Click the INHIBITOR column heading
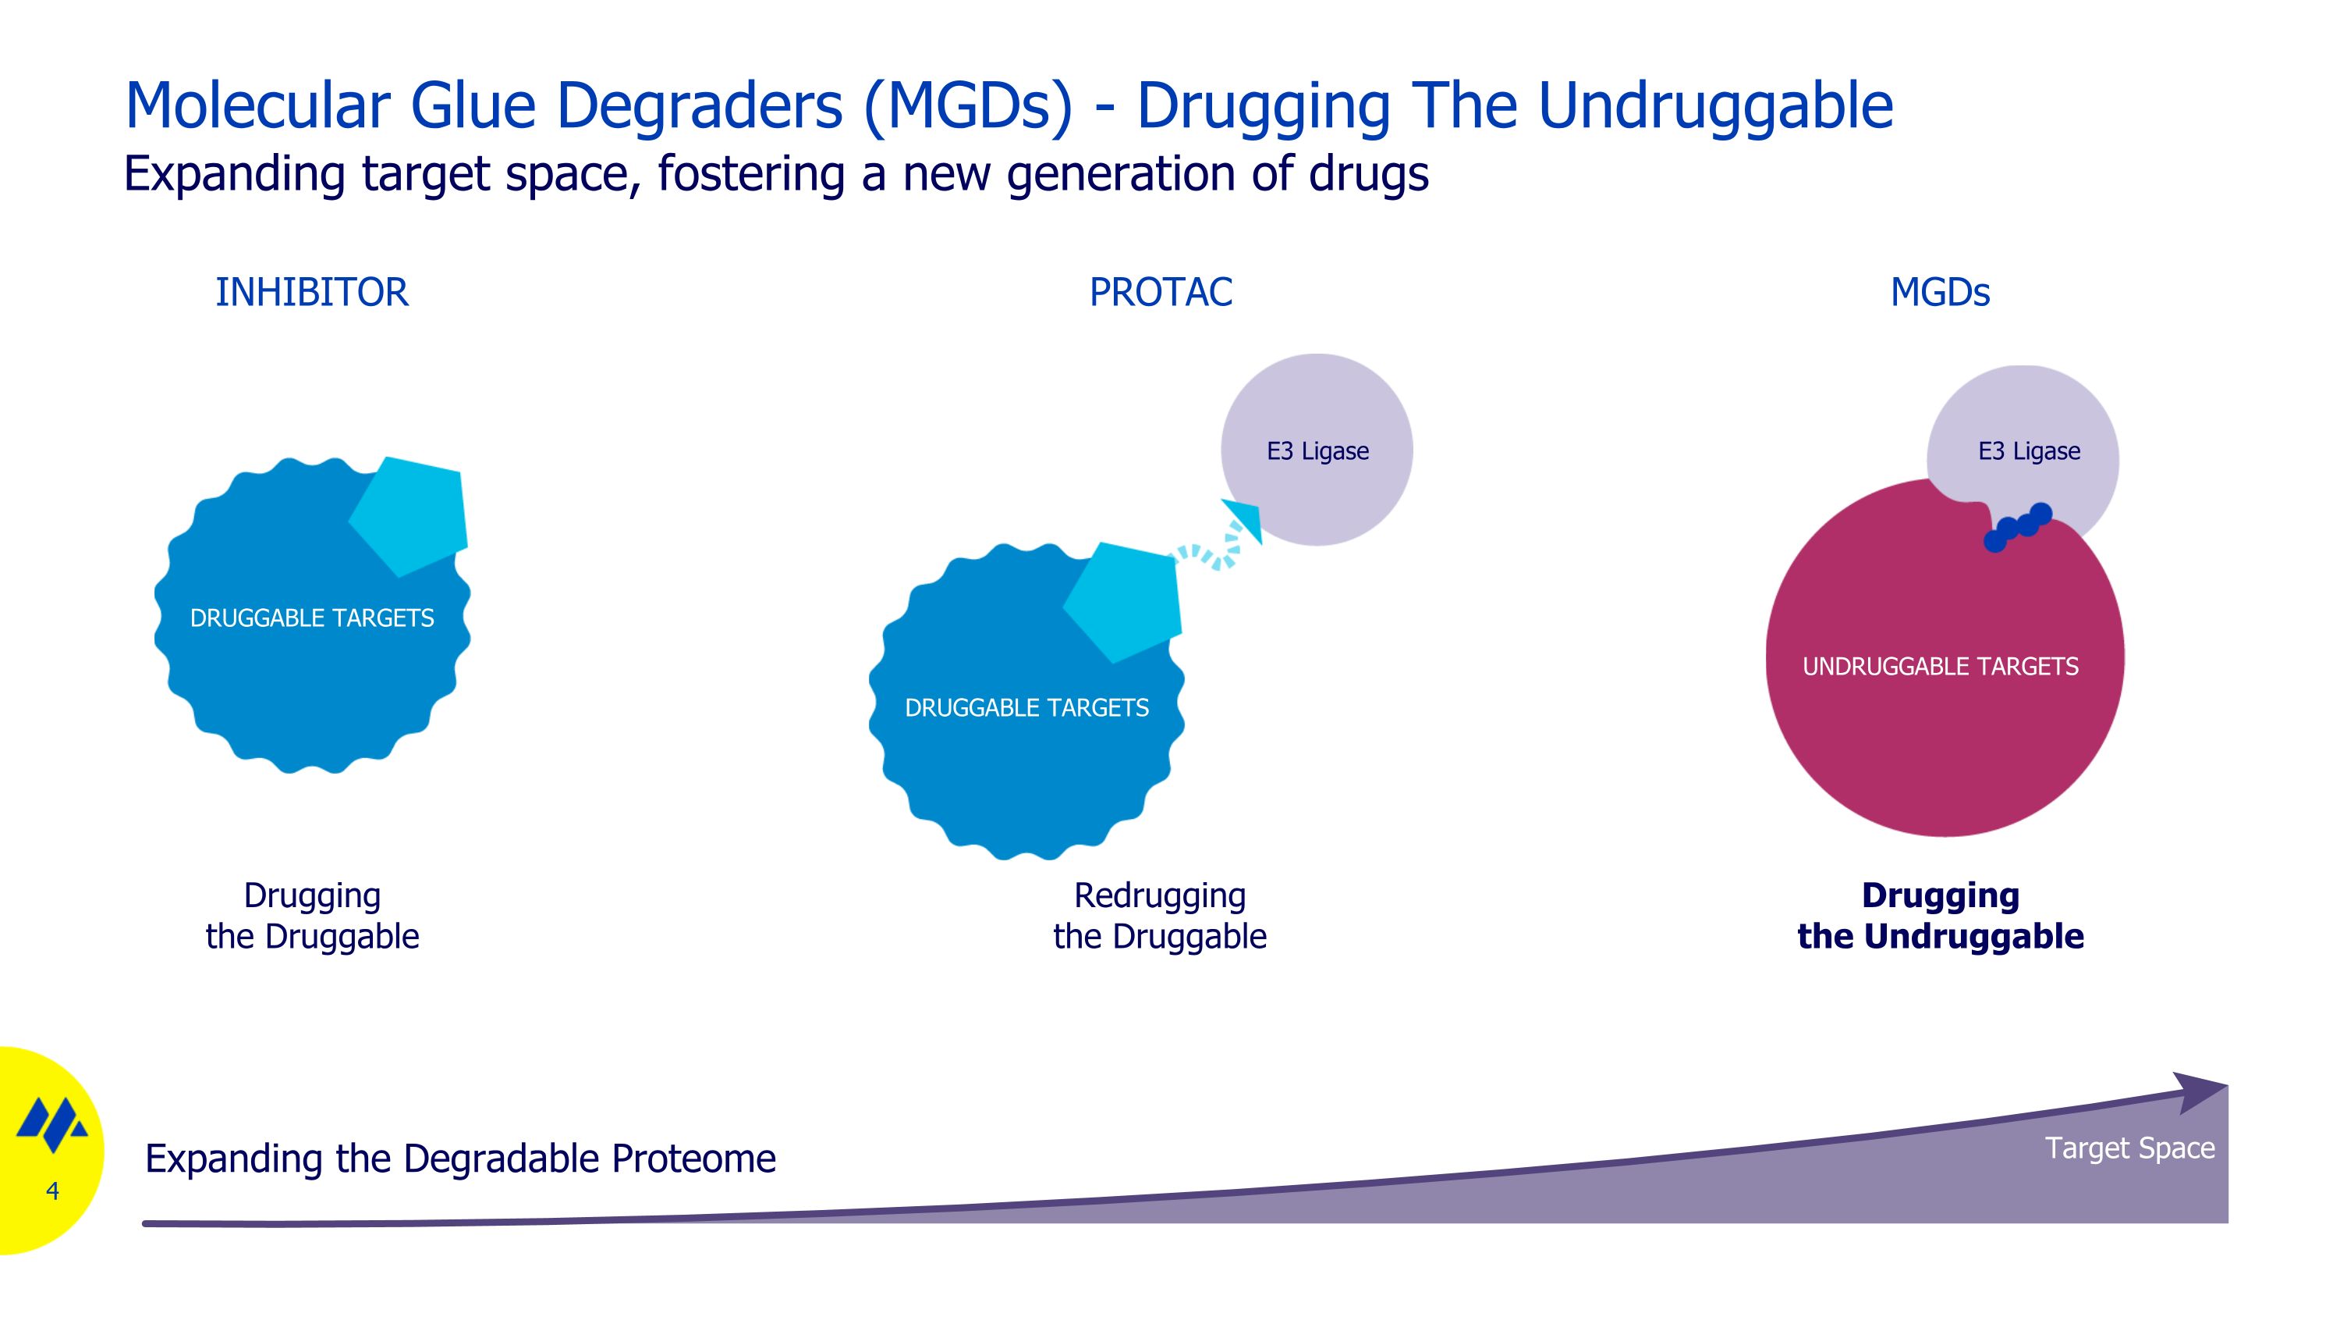point(311,293)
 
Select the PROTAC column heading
point(1161,293)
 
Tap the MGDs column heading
point(1941,293)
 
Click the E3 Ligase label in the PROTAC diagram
point(1317,450)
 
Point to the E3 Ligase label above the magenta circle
point(2030,450)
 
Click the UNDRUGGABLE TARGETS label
point(1941,666)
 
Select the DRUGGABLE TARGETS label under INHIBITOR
point(311,618)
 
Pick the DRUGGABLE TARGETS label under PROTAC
point(1026,707)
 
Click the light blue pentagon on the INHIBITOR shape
point(409,515)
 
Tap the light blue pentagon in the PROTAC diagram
point(1124,602)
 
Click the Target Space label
point(2130,1148)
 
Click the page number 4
point(53,1191)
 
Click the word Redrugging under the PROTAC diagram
point(1160,896)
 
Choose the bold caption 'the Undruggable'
point(1941,936)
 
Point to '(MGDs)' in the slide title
point(967,106)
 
